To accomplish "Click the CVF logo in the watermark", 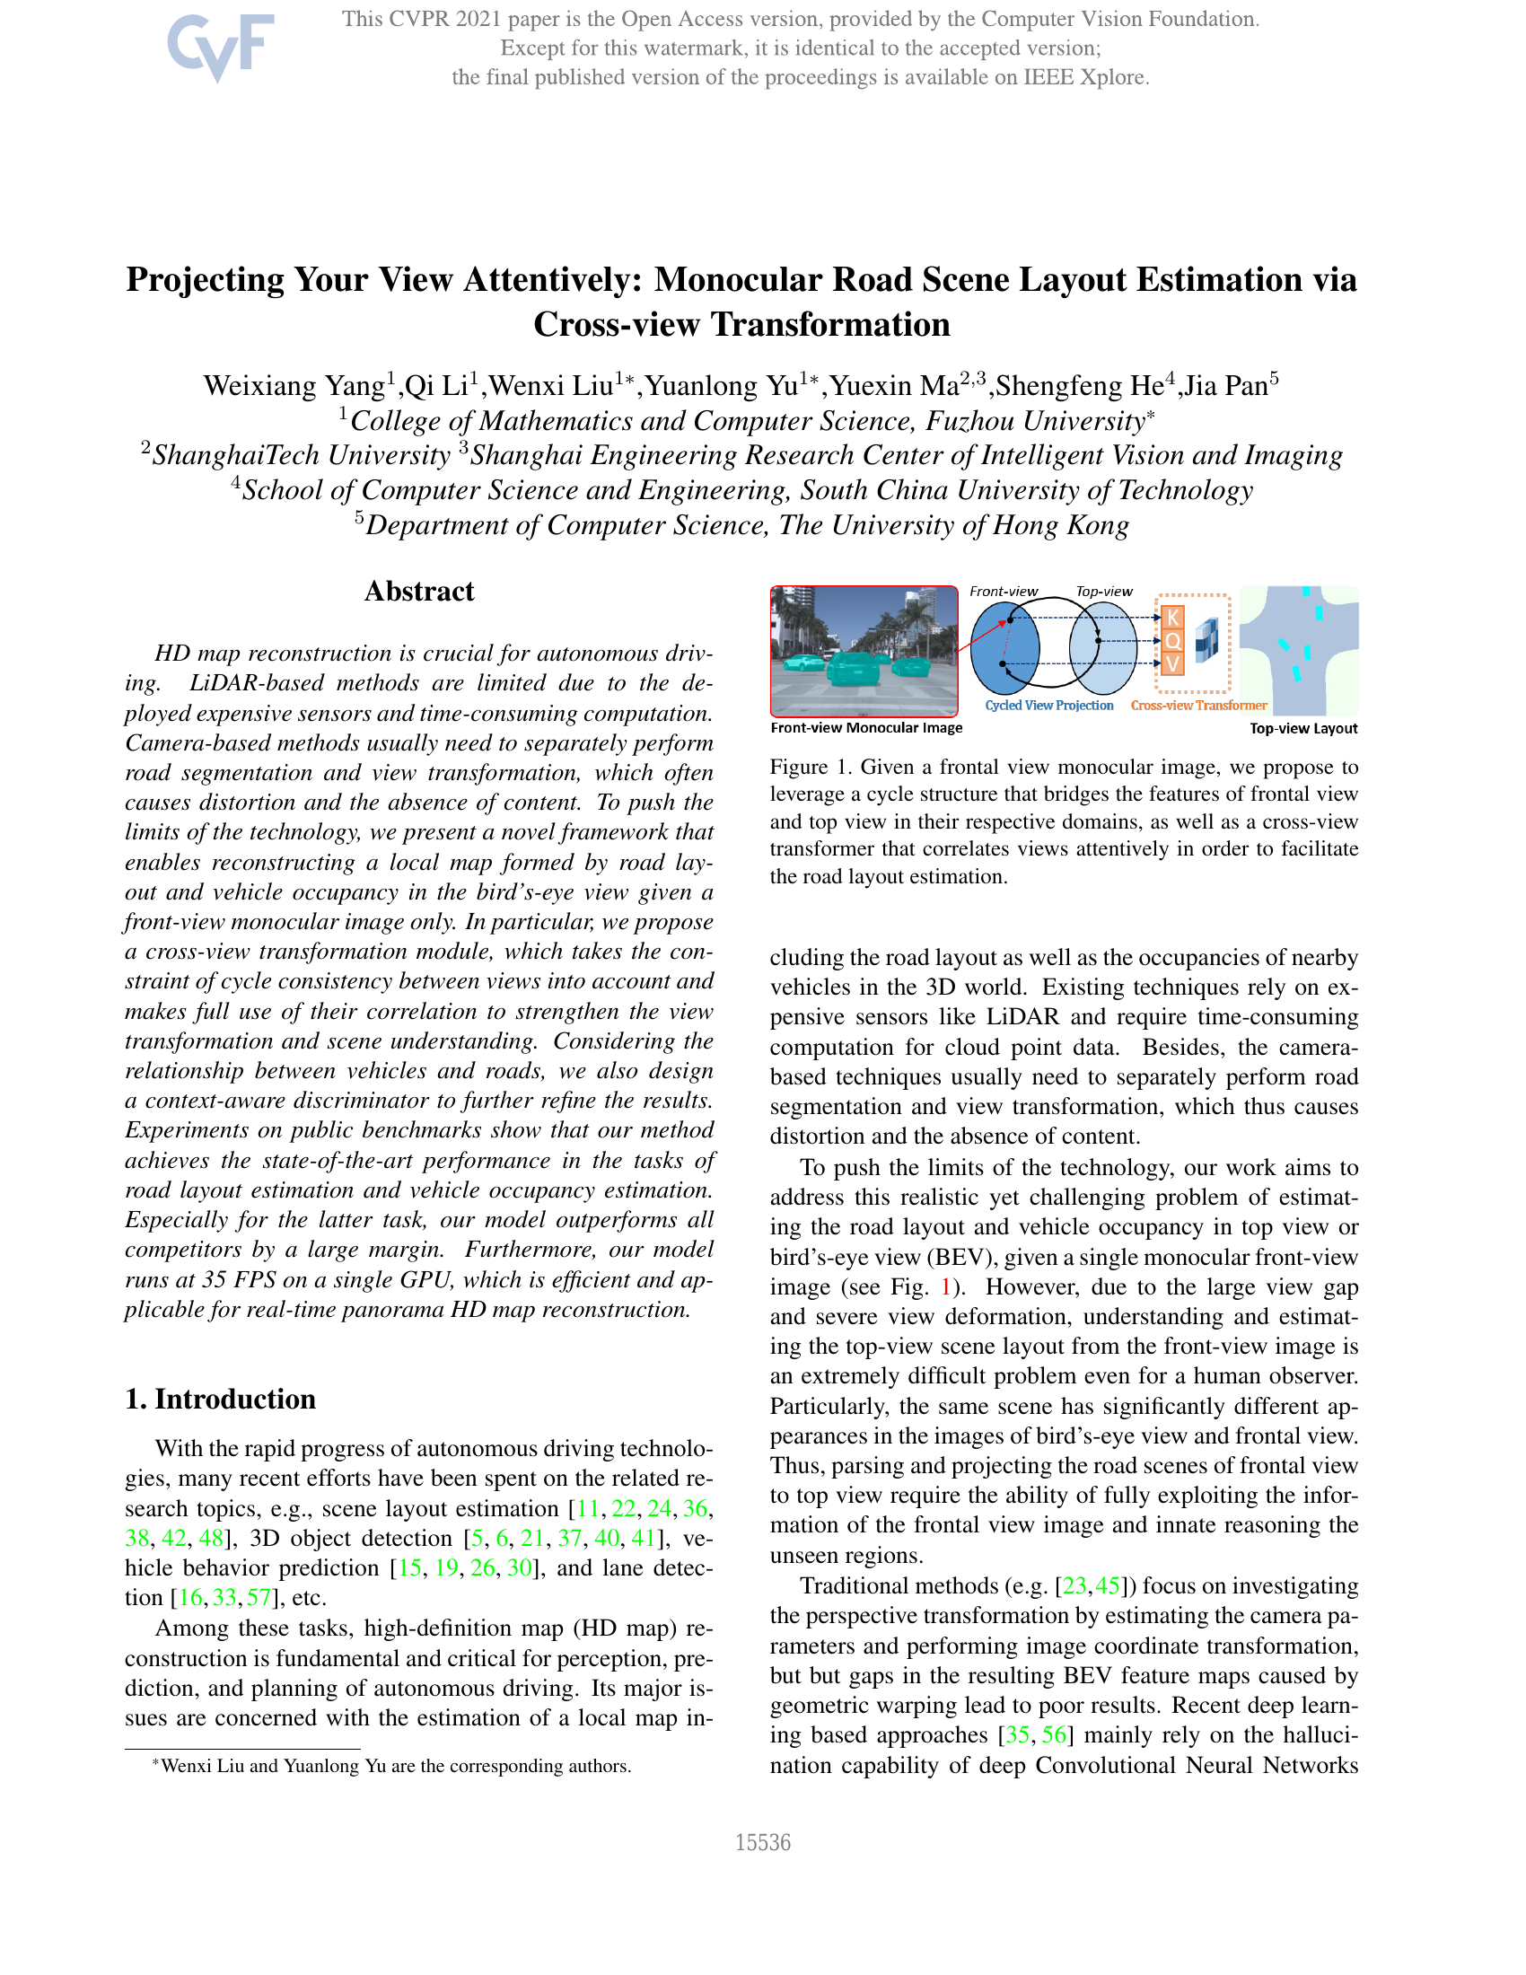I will (x=220, y=47).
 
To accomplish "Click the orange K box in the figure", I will (x=1172, y=618).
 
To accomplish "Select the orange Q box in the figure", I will (x=1172, y=641).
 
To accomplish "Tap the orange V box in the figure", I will (x=1172, y=664).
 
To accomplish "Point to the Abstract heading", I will (x=418, y=592).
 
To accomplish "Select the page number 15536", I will (x=762, y=1843).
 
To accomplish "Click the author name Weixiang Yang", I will (x=294, y=386).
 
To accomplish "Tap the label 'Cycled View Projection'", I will (x=1048, y=706).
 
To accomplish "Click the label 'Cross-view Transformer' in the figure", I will (x=1197, y=706).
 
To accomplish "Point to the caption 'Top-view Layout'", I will (x=1302, y=729).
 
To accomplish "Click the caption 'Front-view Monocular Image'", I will (x=866, y=728).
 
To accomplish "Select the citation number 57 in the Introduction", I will (x=259, y=1598).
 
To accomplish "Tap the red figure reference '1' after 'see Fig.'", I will (x=946, y=1287).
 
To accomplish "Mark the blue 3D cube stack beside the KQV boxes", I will (x=1206, y=640).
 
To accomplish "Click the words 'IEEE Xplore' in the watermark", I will (x=1085, y=78).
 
